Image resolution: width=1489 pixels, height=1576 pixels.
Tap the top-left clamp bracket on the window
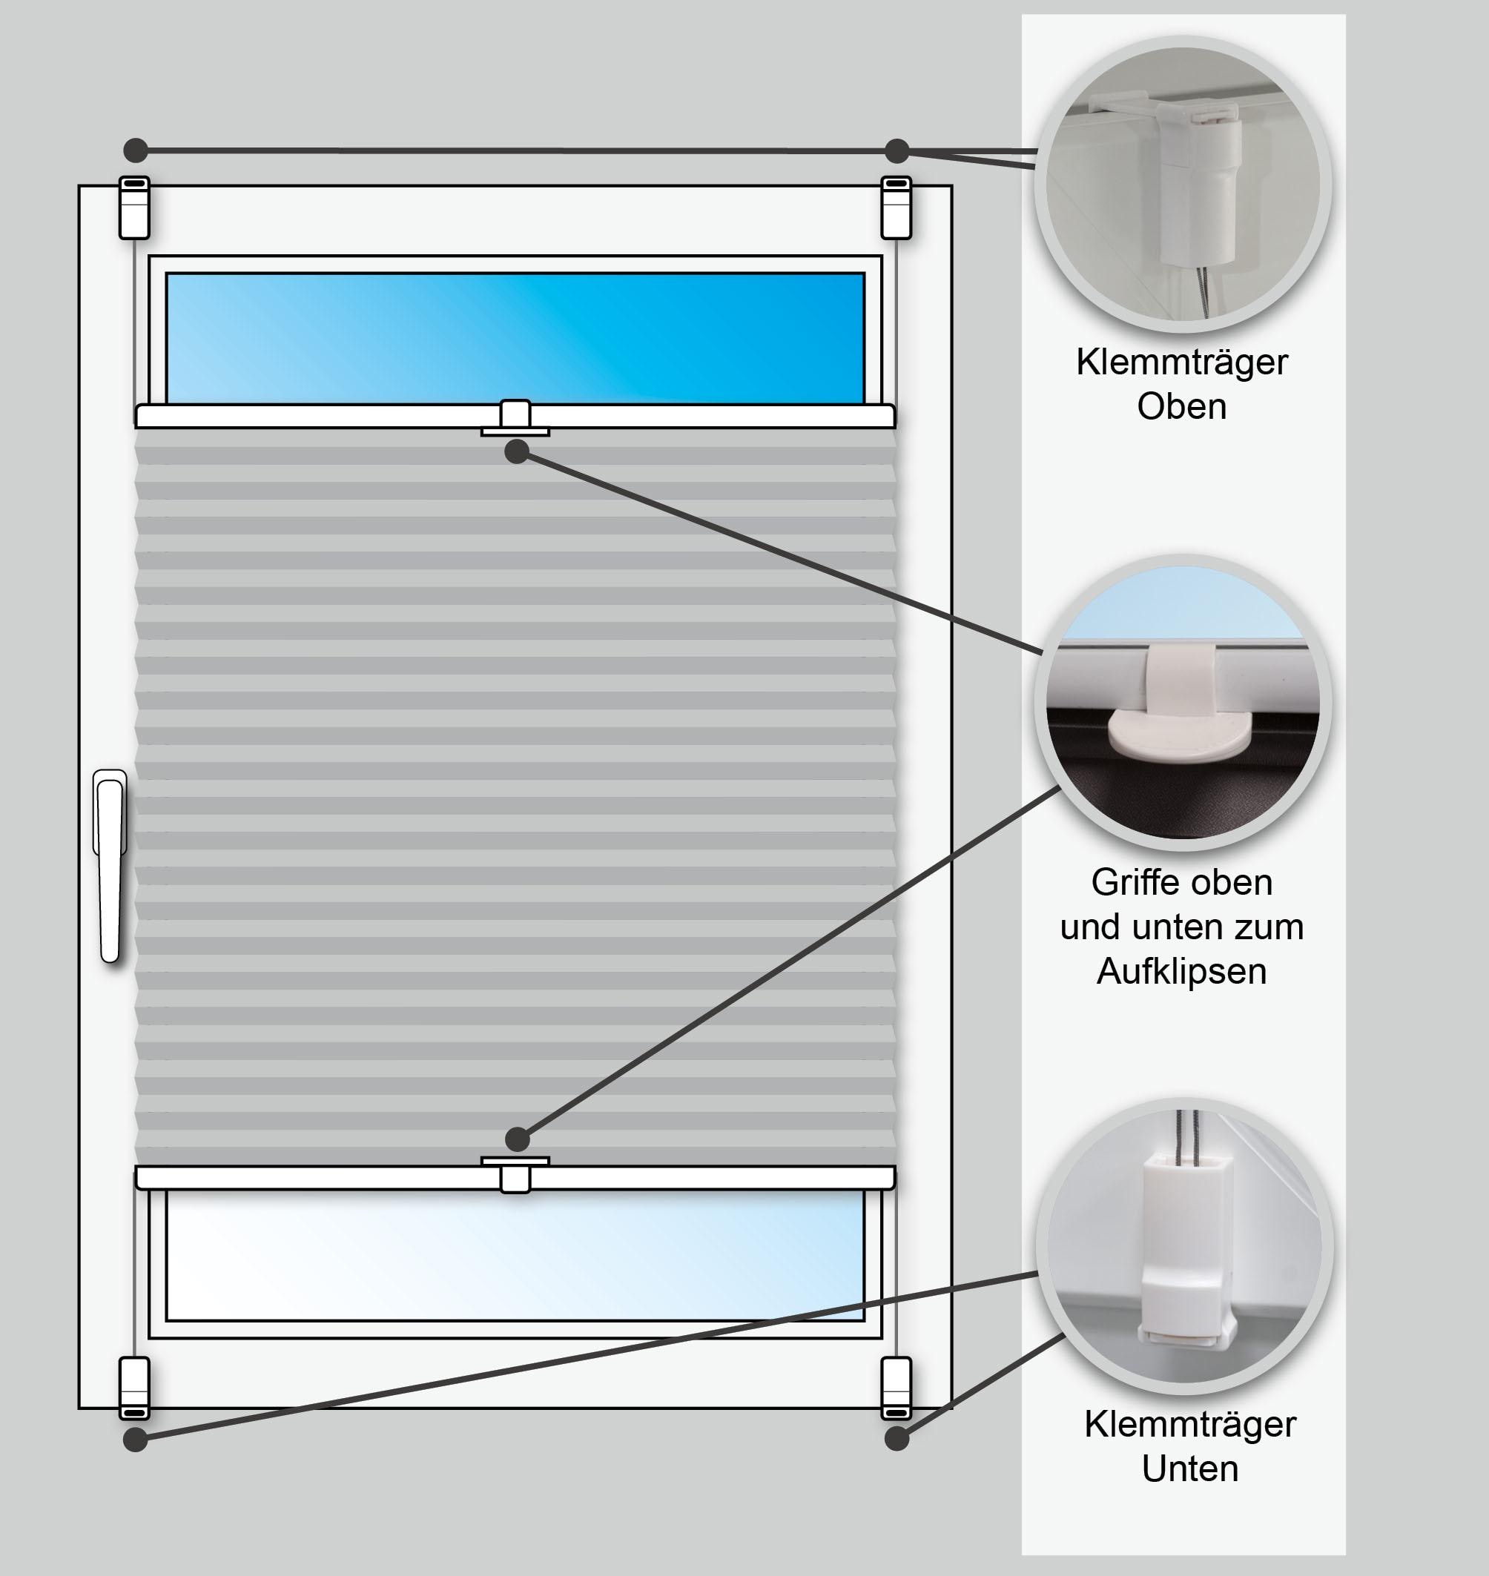coord(134,207)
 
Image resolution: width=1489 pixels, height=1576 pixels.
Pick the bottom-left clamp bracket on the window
coord(134,1388)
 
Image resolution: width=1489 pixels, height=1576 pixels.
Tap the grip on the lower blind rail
coord(515,1174)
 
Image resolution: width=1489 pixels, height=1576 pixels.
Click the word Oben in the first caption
coord(1181,406)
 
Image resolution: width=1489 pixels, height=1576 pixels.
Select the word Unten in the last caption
coord(1189,1468)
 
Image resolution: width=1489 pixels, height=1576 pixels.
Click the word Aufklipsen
coord(1181,971)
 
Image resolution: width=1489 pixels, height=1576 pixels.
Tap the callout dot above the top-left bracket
coord(136,149)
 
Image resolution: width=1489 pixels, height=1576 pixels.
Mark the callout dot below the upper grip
coord(517,451)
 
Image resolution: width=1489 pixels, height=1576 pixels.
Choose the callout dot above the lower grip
coord(517,1139)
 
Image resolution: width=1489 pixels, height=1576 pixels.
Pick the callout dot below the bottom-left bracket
coord(136,1439)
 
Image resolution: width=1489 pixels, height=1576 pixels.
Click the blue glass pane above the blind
coord(515,338)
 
